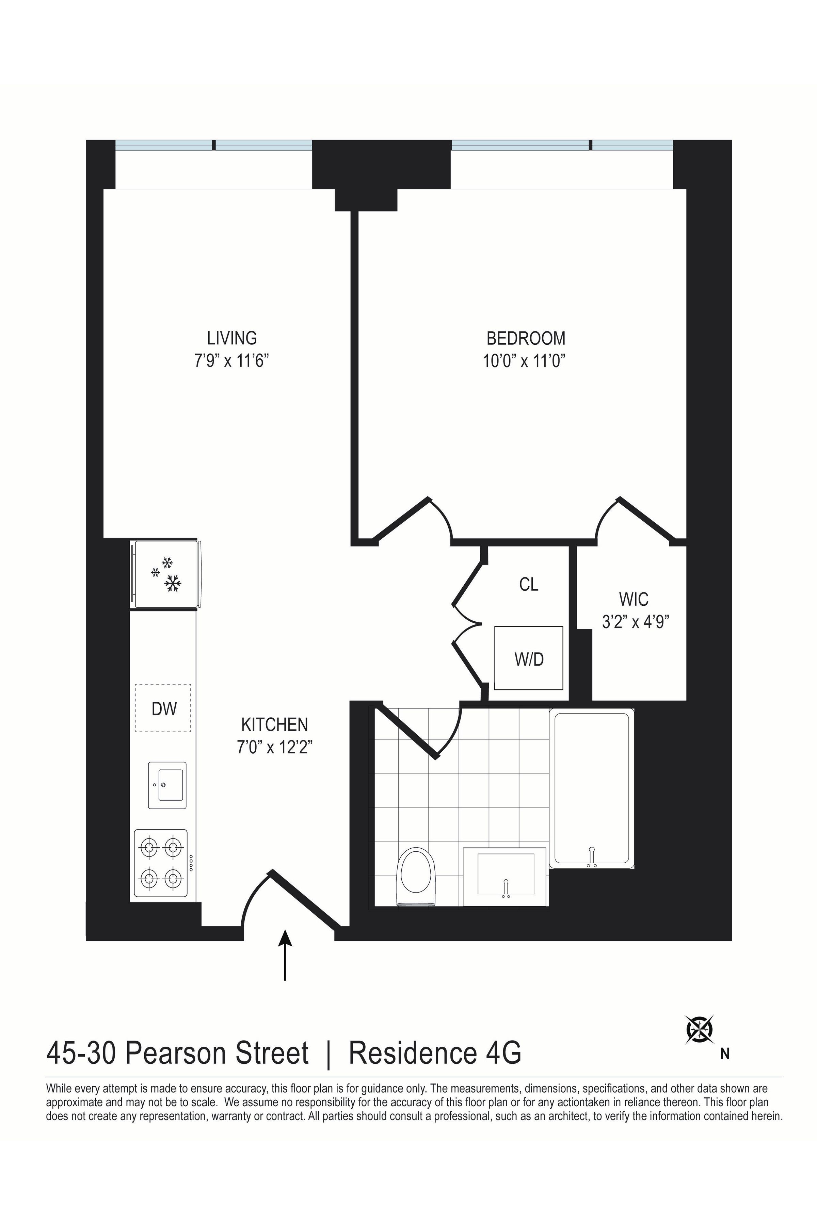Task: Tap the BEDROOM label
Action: click(x=526, y=339)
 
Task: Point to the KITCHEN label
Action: click(x=275, y=724)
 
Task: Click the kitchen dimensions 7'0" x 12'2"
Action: click(x=275, y=747)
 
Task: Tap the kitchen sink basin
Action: click(x=167, y=785)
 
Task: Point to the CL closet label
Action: click(x=528, y=584)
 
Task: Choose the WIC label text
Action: click(x=634, y=600)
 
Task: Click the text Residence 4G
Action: click(x=435, y=1052)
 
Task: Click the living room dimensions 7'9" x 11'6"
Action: click(x=232, y=360)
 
